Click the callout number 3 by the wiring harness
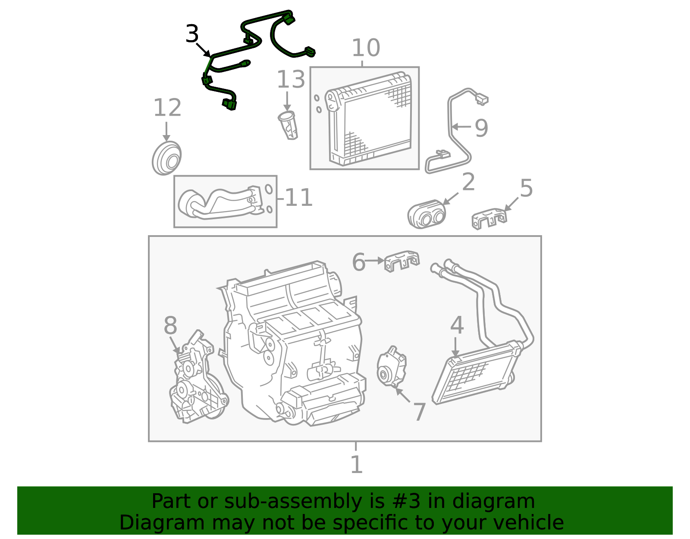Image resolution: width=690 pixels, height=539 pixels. (x=192, y=34)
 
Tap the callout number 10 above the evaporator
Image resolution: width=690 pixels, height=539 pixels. (x=366, y=48)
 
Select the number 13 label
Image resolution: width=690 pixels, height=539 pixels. (x=291, y=79)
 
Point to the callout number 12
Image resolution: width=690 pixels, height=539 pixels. (x=167, y=108)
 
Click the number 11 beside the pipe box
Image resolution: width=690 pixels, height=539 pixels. (x=299, y=198)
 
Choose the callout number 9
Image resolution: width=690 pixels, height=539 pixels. (x=481, y=128)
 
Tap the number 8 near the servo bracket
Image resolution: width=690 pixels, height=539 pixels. (x=170, y=325)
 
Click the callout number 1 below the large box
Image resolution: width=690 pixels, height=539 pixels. (x=356, y=464)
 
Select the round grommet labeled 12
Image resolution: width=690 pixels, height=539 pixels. (x=167, y=158)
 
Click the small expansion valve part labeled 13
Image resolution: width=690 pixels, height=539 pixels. (x=289, y=125)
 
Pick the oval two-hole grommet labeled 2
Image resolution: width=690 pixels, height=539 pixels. (x=427, y=214)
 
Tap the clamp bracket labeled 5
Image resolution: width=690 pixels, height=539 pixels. (x=489, y=218)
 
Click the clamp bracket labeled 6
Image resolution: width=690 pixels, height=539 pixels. (x=401, y=261)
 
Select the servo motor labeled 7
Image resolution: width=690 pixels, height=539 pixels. (x=392, y=367)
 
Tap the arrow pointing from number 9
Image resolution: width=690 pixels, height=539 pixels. (x=461, y=127)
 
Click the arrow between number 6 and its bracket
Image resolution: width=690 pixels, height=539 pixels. (x=374, y=261)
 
